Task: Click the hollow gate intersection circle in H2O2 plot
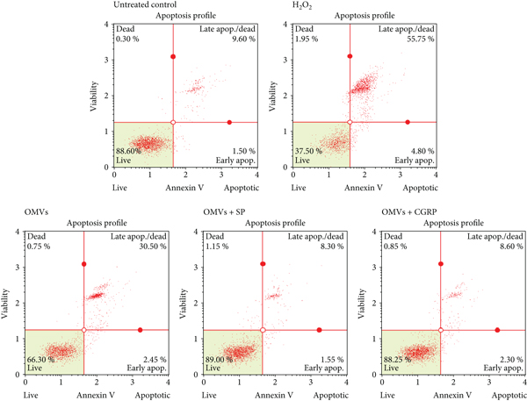[x=350, y=122]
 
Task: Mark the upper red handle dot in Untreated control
[x=173, y=56]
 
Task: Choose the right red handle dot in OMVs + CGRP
[x=497, y=330]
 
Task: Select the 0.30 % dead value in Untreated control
[x=128, y=38]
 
